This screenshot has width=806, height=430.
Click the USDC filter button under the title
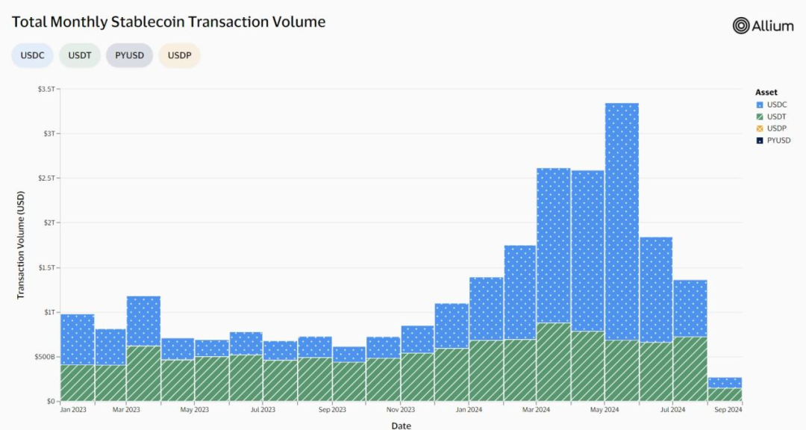pyautogui.click(x=32, y=55)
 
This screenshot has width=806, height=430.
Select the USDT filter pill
pyautogui.click(x=80, y=55)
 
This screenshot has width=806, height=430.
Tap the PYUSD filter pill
pyautogui.click(x=129, y=55)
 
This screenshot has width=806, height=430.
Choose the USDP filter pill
pyautogui.click(x=179, y=55)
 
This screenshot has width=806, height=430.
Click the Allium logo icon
pyautogui.click(x=741, y=25)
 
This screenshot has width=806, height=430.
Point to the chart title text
pyautogui.click(x=169, y=22)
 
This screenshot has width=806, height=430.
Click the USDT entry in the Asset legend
pyautogui.click(x=776, y=116)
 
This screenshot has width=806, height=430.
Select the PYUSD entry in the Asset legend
pyautogui.click(x=778, y=140)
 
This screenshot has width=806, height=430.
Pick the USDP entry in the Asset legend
pyautogui.click(x=776, y=128)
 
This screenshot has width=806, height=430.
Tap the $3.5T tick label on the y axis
pyautogui.click(x=46, y=89)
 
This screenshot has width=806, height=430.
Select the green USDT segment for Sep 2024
pyautogui.click(x=724, y=394)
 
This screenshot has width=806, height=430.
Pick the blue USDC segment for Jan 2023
pyautogui.click(x=78, y=339)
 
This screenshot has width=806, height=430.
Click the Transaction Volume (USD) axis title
pyautogui.click(x=21, y=245)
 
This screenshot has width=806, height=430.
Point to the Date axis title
pyautogui.click(x=401, y=425)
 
